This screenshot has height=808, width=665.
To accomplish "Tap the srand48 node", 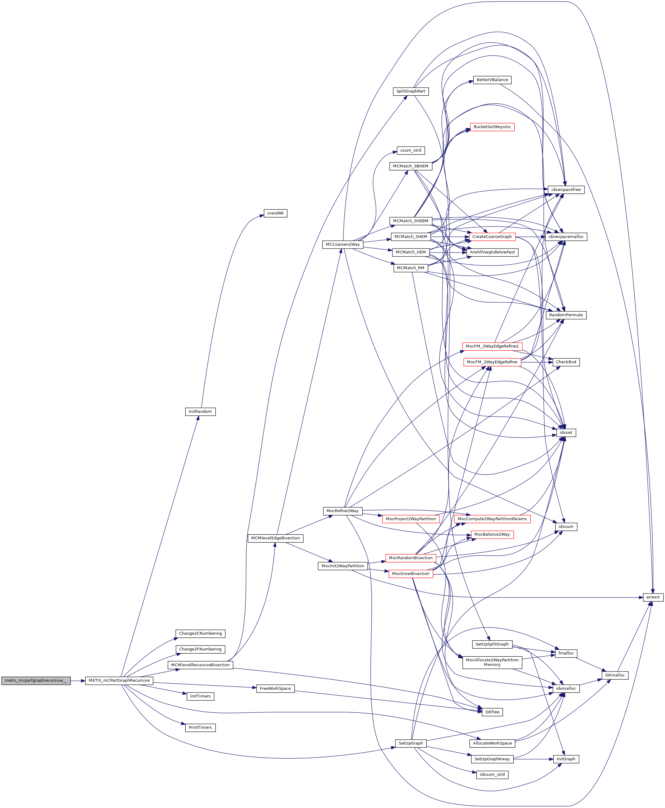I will click(275, 213).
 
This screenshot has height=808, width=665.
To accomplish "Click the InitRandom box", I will click(200, 412).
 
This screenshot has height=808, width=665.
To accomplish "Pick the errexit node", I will click(653, 597).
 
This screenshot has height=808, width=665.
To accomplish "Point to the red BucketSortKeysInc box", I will click(492, 127).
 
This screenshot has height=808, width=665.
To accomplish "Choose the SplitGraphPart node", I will click(410, 91).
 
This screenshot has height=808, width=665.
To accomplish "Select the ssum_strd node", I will click(410, 150).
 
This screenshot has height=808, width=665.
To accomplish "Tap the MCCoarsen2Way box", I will click(343, 244).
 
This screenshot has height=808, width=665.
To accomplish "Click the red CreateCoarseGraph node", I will click(492, 236).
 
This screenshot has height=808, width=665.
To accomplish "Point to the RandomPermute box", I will click(566, 315).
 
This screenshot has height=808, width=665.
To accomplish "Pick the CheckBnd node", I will click(566, 362).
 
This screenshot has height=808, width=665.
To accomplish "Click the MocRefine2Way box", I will click(343, 511).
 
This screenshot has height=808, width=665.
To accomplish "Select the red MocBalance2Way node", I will click(492, 534).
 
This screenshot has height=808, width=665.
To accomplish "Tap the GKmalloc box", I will click(615, 675).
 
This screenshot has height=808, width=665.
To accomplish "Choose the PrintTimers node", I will click(200, 727).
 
